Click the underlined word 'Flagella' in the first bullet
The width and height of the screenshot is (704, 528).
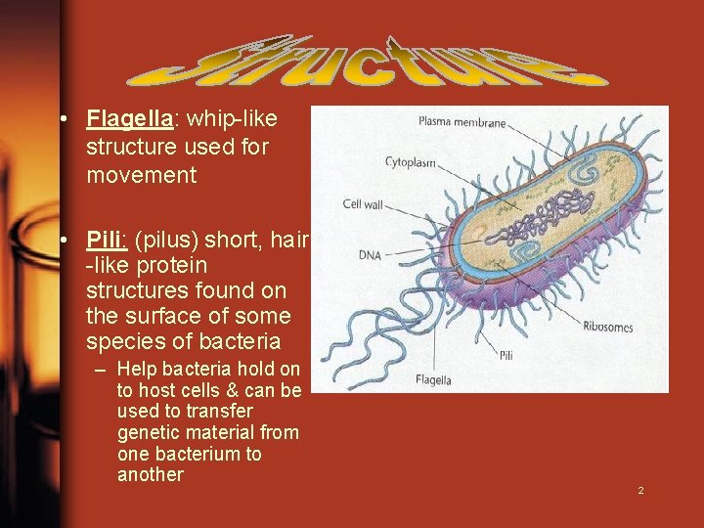coord(130,119)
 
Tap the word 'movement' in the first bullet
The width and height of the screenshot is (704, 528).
coord(141,175)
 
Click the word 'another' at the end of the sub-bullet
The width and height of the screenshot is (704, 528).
coord(150,475)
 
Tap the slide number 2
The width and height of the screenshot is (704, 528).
coord(640,490)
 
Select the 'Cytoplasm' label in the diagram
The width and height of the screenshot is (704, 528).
coord(410,162)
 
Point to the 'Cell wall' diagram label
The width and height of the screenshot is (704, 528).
coord(363,204)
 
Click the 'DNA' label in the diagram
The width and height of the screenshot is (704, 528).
coord(368,255)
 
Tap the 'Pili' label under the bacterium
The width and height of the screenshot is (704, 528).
coord(506,355)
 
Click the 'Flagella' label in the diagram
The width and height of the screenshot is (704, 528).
coord(432,379)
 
